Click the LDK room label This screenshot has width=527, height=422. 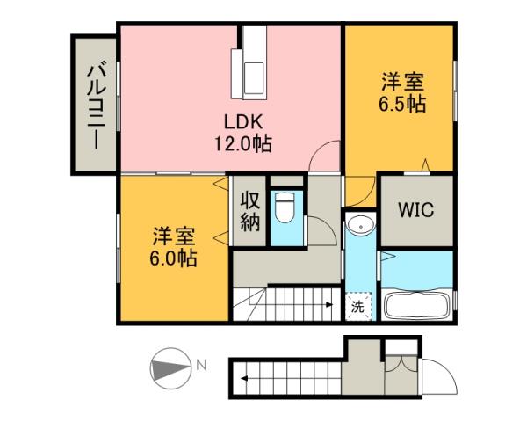click(237, 122)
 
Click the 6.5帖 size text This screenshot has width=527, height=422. click(403, 104)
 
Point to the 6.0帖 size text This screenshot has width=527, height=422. click(174, 258)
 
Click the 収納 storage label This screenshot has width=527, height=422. click(249, 212)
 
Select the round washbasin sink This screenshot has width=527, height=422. click(359, 228)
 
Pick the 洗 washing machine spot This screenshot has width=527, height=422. click(357, 307)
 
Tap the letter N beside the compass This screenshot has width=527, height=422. click(201, 365)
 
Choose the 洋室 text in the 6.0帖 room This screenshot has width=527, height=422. click(174, 237)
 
